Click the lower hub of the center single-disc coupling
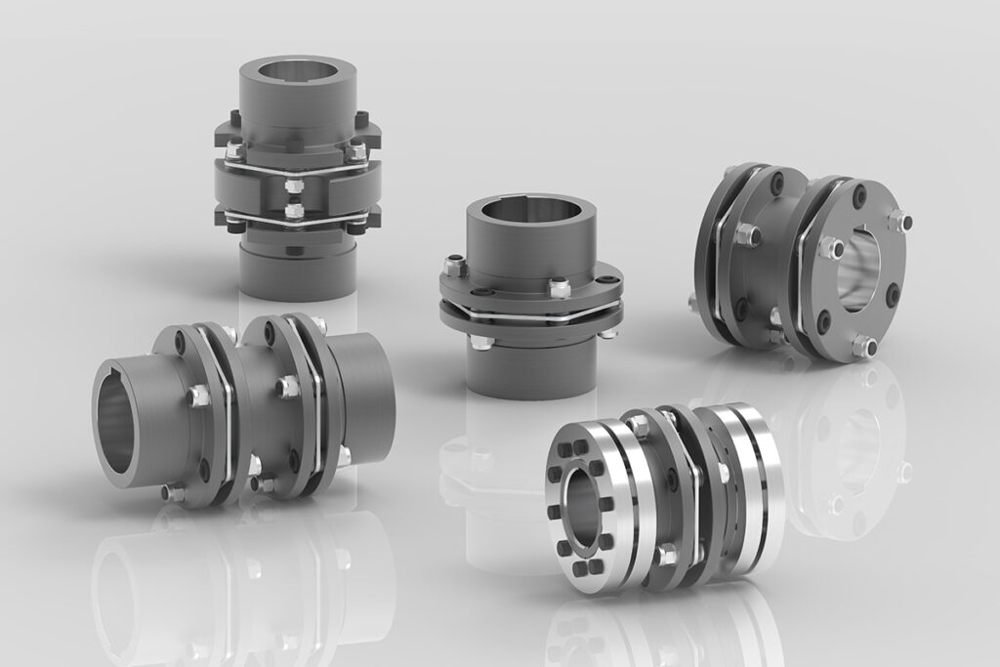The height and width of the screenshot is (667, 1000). click(528, 366)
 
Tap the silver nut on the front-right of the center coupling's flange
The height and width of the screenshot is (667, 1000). click(559, 286)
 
